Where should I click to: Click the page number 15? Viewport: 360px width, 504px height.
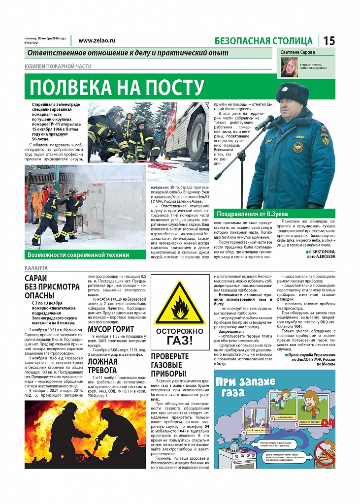(329, 41)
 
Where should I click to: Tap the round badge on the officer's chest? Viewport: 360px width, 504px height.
(297, 147)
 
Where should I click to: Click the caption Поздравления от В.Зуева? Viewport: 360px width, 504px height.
(253, 214)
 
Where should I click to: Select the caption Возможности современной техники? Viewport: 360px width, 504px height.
(79, 254)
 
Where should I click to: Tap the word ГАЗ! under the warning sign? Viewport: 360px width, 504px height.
(180, 340)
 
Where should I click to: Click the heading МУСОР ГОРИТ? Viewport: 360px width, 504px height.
(110, 329)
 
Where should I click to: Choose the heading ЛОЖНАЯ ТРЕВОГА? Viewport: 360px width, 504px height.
(102, 365)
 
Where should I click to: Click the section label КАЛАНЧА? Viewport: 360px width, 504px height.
(36, 268)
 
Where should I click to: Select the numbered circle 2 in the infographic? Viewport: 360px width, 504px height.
(271, 419)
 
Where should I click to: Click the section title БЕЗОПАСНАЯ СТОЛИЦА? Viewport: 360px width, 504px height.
(264, 41)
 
